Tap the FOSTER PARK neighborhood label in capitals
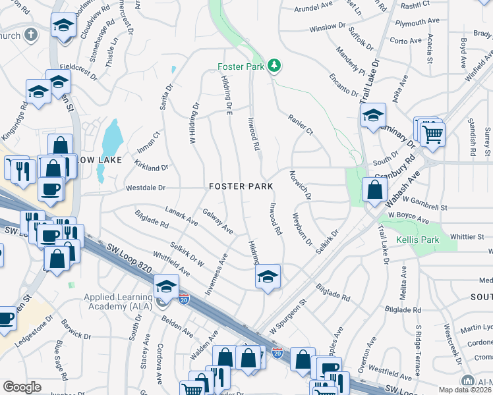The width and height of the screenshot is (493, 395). pyautogui.click(x=241, y=187)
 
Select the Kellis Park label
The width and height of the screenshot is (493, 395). pyautogui.click(x=417, y=240)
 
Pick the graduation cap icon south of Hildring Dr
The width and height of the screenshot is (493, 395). pyautogui.click(x=268, y=276)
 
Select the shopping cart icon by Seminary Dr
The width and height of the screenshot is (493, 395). pyautogui.click(x=433, y=134)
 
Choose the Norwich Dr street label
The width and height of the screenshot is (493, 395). pyautogui.click(x=300, y=186)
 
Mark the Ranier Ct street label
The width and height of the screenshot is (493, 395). pyautogui.click(x=300, y=124)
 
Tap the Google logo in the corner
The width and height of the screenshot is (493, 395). pyautogui.click(x=22, y=387)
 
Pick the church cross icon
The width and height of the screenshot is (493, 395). pyautogui.click(x=30, y=35)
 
